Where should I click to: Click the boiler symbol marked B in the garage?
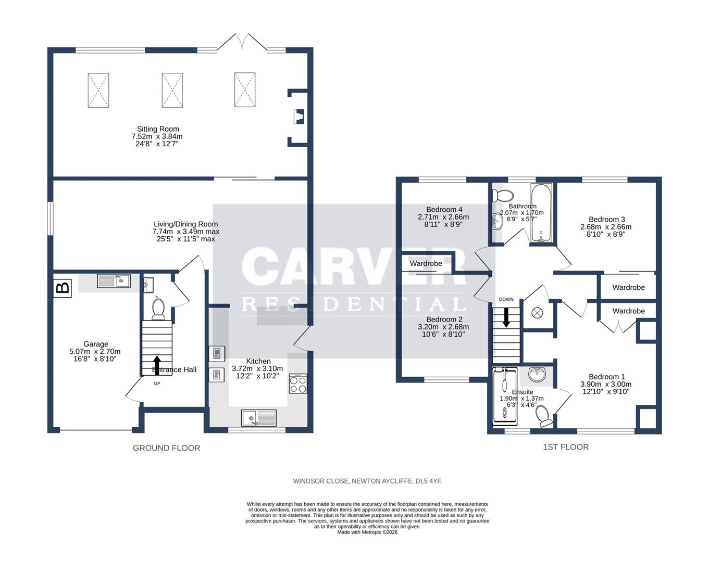point(63,288)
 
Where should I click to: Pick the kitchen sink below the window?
point(259,417)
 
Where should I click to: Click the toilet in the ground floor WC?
point(158,308)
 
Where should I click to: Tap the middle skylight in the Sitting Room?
point(172,90)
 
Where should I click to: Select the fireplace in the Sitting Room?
point(298,116)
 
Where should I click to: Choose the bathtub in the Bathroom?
point(542,213)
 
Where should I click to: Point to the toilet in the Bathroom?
point(503,196)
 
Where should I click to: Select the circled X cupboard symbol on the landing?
point(537,313)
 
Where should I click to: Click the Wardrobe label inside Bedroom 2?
point(426,263)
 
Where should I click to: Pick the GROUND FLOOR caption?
point(166,448)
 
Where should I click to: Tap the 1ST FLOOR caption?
point(566,446)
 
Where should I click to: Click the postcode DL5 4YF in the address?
point(428,481)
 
